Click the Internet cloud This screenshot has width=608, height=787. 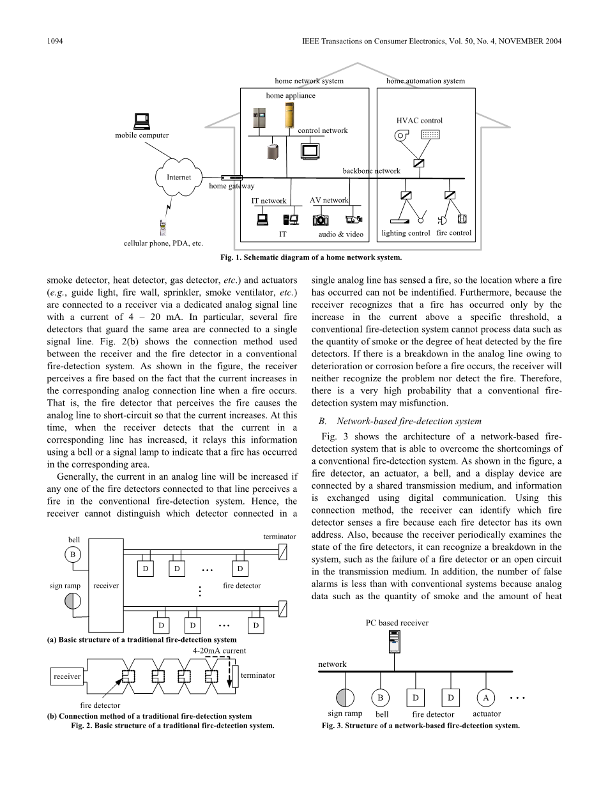click(x=178, y=177)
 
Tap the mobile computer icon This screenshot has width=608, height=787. click(x=141, y=121)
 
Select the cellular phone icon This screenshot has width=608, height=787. click(x=162, y=227)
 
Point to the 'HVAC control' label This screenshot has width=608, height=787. click(x=419, y=120)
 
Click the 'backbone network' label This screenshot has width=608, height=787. click(x=371, y=171)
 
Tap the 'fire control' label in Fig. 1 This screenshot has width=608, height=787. click(x=453, y=233)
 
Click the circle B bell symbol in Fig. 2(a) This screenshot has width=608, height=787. click(x=73, y=554)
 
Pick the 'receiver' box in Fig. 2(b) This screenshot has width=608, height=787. click(x=66, y=676)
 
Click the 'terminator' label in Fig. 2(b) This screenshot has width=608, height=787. click(x=258, y=675)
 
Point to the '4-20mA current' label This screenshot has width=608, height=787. click(x=219, y=650)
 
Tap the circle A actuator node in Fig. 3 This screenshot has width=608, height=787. click(x=487, y=697)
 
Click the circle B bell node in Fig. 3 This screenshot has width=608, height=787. click(x=381, y=697)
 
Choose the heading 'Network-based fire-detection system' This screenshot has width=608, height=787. click(x=409, y=421)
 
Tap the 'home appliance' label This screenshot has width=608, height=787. click(x=291, y=95)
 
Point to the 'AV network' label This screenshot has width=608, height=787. click(x=329, y=200)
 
